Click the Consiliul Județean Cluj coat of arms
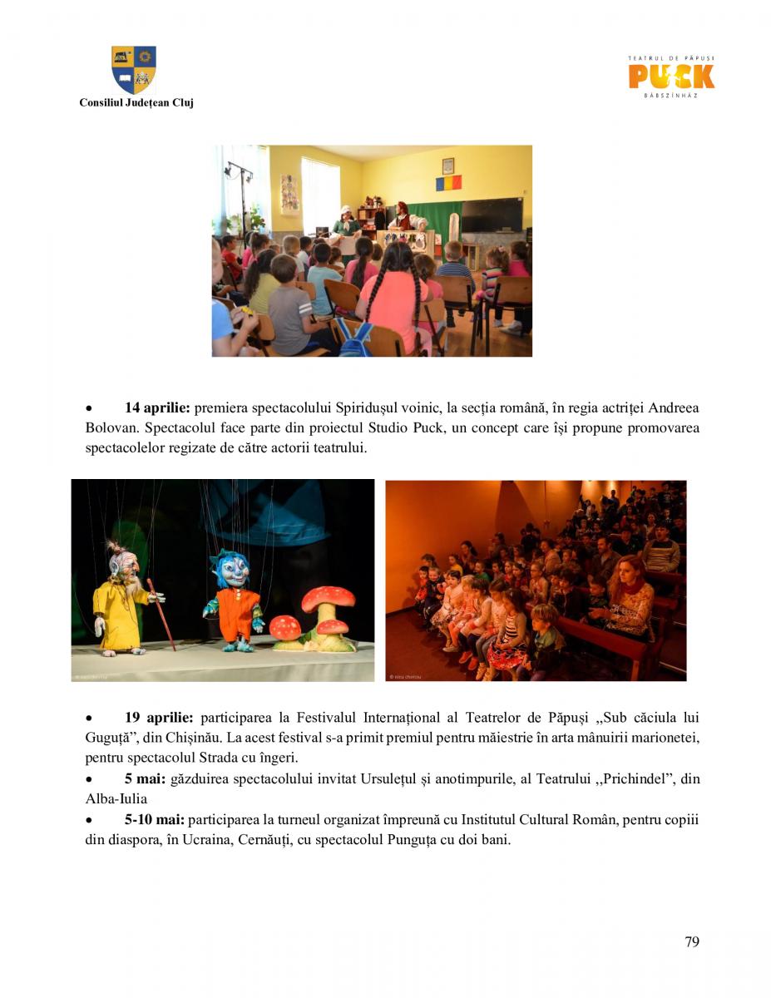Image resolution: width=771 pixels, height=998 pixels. pyautogui.click(x=134, y=70)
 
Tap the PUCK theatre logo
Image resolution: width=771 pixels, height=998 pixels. pyautogui.click(x=671, y=77)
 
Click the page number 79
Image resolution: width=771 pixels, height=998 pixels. pyautogui.click(x=692, y=941)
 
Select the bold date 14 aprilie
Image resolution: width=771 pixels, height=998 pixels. pyautogui.click(x=157, y=408)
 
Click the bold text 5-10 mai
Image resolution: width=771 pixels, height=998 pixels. pyautogui.click(x=155, y=820)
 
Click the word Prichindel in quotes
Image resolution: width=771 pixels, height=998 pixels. pyautogui.click(x=638, y=779)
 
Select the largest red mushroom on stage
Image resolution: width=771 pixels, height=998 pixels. pyautogui.click(x=329, y=600)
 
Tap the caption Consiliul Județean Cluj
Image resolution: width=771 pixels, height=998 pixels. pyautogui.click(x=136, y=103)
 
